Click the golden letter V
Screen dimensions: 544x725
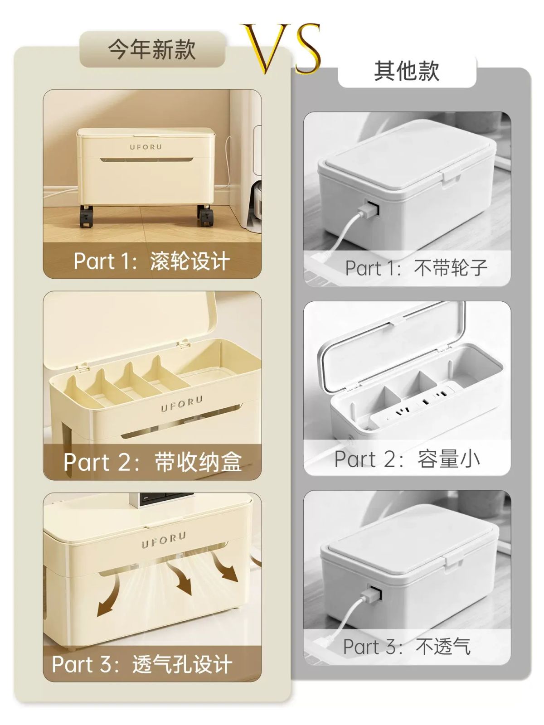pos(266,48)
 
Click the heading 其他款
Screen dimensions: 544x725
pos(407,71)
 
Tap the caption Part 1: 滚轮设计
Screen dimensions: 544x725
pos(151,261)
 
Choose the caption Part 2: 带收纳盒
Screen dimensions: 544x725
pos(153,462)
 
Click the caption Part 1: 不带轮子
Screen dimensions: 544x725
pos(416,268)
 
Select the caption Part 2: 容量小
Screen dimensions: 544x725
pos(407,459)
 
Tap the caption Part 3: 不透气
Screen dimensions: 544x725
pos(407,647)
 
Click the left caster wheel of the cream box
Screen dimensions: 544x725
pos(86,216)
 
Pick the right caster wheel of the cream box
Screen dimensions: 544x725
pos(204,216)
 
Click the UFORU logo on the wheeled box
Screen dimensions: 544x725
pos(146,147)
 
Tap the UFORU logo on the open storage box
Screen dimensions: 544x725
pos(182,404)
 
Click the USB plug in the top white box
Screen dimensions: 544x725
pos(369,210)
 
